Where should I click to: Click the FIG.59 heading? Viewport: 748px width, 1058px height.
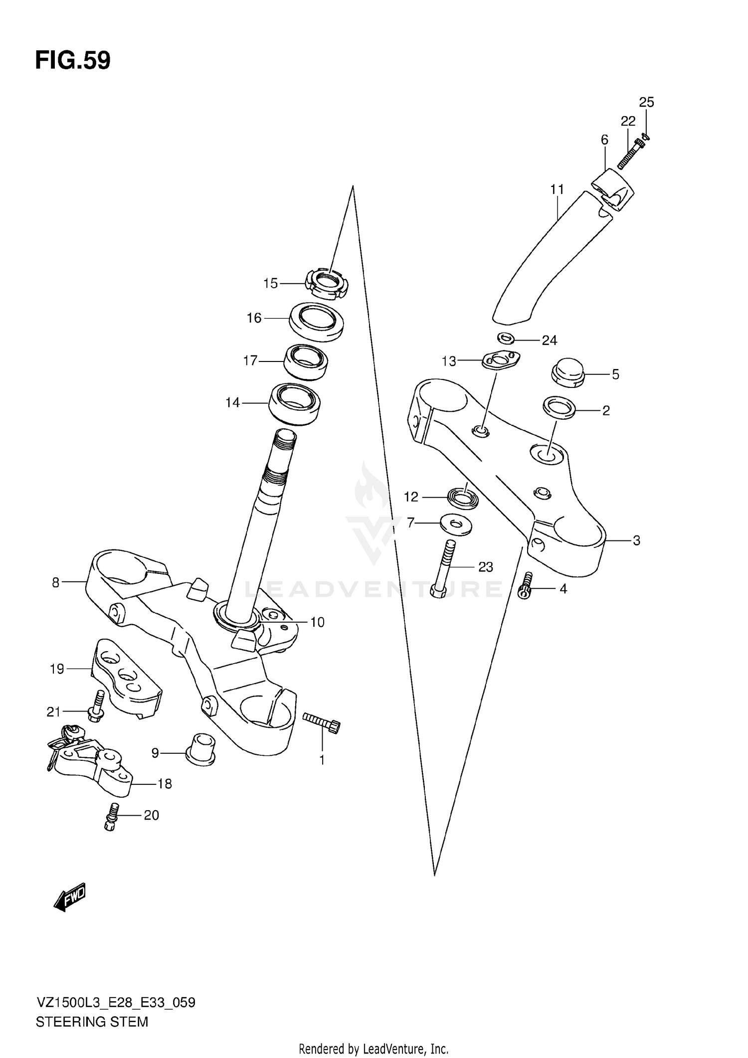click(73, 61)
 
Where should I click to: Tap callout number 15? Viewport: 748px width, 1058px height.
click(270, 284)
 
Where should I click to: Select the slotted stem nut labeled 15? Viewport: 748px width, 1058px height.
click(326, 284)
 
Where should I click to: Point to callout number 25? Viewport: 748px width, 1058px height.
click(646, 103)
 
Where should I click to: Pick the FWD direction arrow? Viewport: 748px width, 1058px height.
click(69, 897)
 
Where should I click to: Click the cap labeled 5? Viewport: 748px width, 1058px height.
click(567, 372)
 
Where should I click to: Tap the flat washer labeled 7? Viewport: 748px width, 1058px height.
click(456, 525)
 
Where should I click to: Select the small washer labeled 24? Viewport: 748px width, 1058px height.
click(506, 339)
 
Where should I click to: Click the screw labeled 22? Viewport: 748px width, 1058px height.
click(631, 154)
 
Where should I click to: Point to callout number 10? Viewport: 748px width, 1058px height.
click(317, 622)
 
